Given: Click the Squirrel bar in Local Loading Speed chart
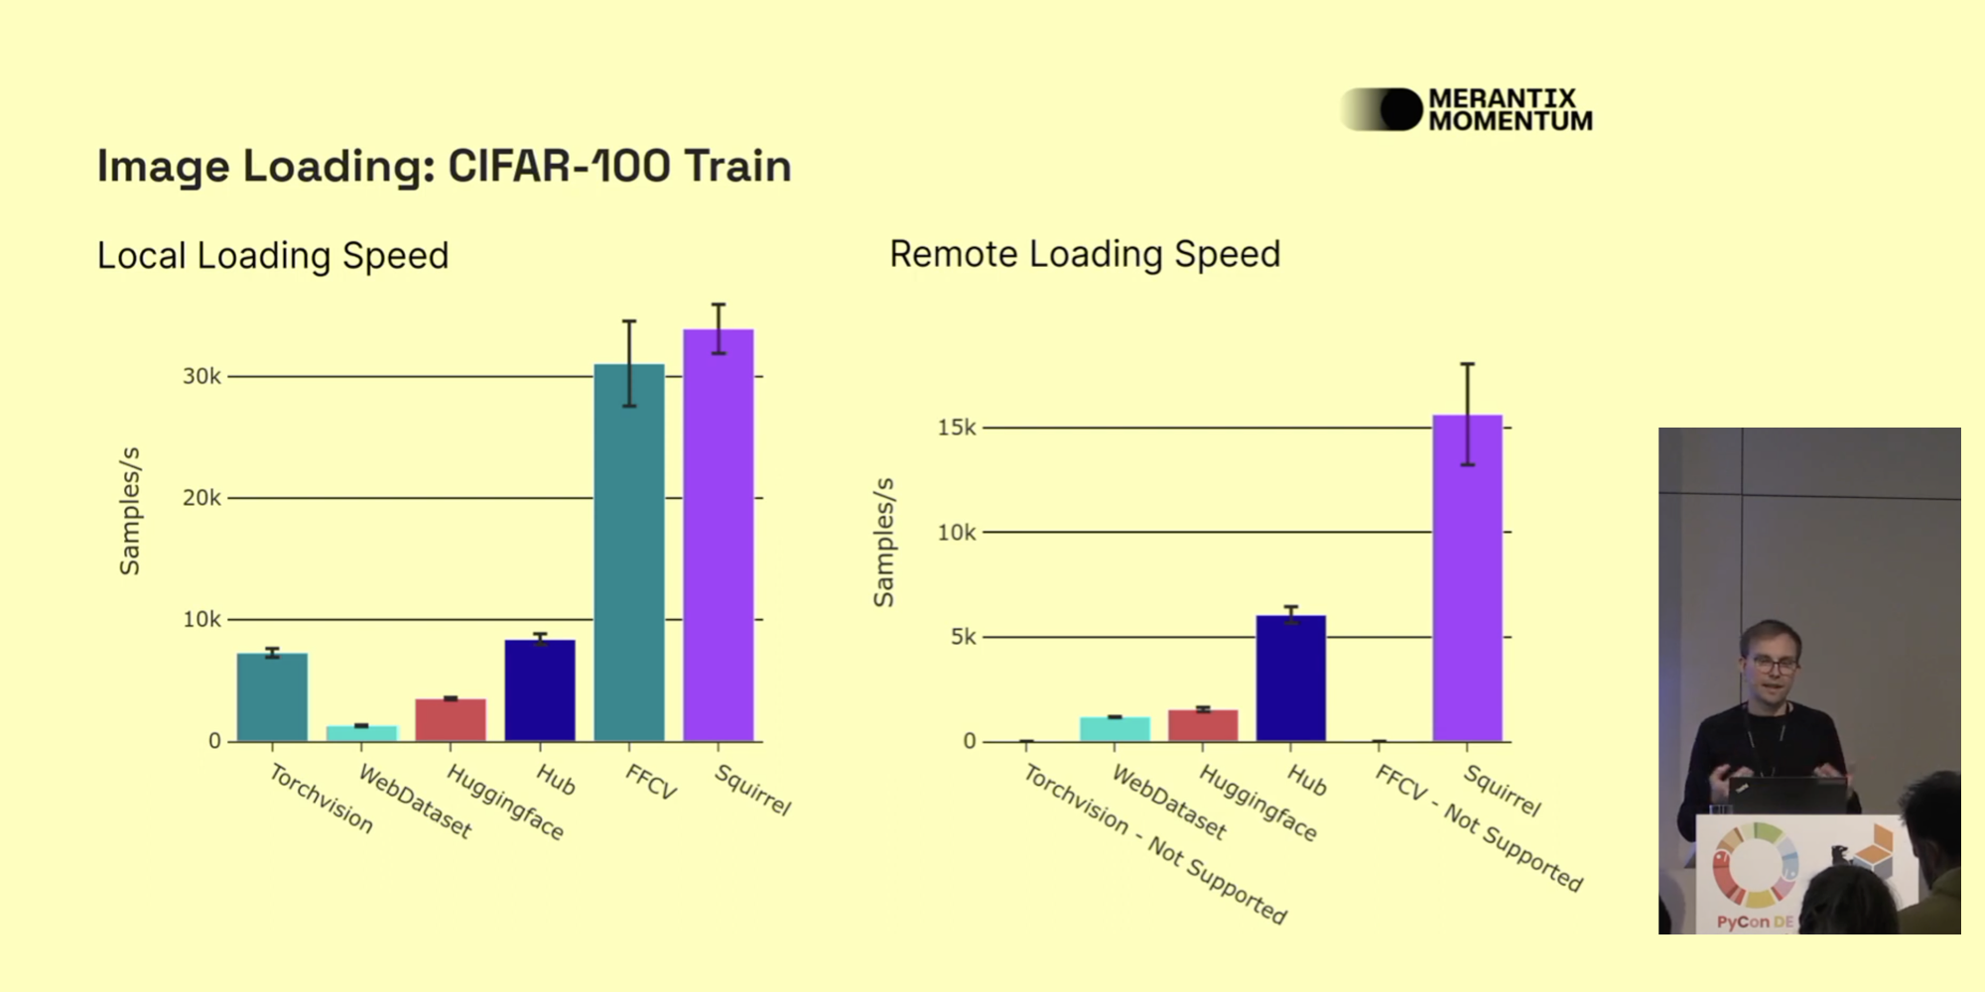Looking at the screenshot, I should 718,536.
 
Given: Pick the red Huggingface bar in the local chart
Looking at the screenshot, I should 451,719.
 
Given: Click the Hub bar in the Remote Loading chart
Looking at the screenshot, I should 1290,679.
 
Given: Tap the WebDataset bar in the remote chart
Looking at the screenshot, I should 1115,728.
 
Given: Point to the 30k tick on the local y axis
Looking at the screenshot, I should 201,377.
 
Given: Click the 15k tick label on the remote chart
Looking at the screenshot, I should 957,428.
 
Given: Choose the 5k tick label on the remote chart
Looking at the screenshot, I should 963,637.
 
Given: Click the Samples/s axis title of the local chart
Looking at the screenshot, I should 130,511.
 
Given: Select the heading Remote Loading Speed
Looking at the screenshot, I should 1085,254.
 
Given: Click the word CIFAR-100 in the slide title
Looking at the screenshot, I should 559,166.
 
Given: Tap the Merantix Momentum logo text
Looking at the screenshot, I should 1509,110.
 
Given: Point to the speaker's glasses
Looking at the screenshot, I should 1772,665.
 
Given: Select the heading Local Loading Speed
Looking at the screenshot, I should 273,256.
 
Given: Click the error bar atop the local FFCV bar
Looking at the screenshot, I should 629,363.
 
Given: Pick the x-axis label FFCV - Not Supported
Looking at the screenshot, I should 1478,828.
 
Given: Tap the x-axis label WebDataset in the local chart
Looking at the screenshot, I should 415,801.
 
